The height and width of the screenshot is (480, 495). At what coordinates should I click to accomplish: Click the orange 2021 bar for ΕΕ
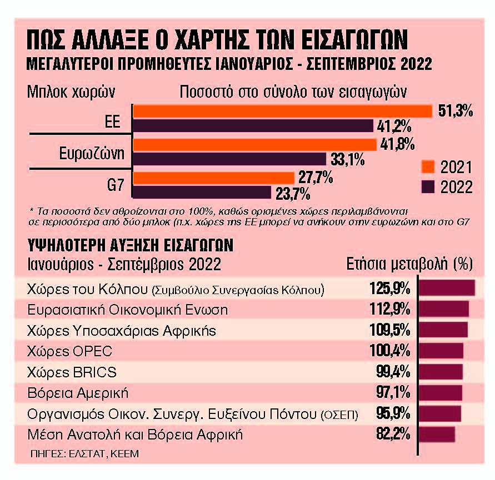(x=282, y=111)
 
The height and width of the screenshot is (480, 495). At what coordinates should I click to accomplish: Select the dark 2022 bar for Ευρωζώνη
(x=229, y=159)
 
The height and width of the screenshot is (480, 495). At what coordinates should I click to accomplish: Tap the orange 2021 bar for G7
(x=214, y=178)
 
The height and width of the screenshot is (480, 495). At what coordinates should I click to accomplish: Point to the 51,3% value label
(x=454, y=111)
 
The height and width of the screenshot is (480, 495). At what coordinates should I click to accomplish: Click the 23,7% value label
(x=293, y=194)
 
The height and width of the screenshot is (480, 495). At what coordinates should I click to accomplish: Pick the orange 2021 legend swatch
(x=427, y=167)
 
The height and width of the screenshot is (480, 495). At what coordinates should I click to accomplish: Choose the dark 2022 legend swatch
(x=427, y=186)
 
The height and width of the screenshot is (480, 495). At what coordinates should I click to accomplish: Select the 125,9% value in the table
(x=389, y=289)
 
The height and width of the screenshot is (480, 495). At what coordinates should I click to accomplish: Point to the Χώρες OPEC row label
(x=69, y=351)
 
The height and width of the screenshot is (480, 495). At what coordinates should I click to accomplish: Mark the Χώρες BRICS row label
(x=72, y=372)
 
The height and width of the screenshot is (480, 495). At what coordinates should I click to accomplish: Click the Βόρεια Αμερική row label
(x=78, y=393)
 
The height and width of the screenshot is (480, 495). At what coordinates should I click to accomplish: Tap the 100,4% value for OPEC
(x=389, y=351)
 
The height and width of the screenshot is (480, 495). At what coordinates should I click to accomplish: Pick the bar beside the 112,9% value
(x=443, y=310)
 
